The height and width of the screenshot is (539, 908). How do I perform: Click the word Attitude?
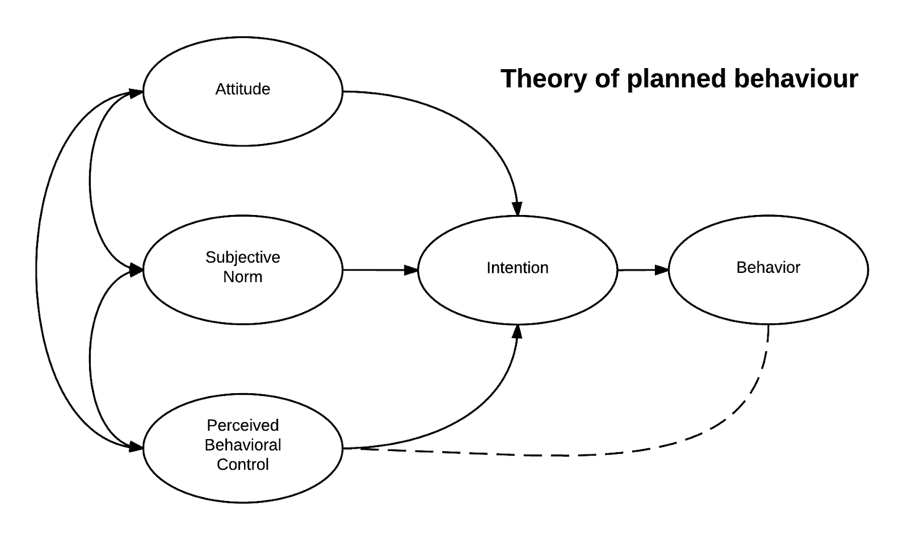click(x=242, y=89)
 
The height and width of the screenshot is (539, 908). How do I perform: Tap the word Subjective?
click(x=242, y=258)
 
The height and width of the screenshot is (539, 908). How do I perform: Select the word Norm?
click(x=242, y=277)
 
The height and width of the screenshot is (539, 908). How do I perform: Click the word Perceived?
click(x=242, y=426)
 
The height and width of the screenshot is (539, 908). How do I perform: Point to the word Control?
click(x=242, y=465)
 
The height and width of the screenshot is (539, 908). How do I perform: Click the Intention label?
click(x=517, y=268)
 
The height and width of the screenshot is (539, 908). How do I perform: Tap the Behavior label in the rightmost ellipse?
click(x=768, y=268)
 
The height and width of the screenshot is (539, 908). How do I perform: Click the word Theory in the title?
click(x=544, y=79)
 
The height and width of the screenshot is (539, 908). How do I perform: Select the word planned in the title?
click(x=676, y=79)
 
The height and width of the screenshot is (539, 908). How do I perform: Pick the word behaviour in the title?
click(x=796, y=78)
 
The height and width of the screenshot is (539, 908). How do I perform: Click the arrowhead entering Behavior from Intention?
click(x=662, y=270)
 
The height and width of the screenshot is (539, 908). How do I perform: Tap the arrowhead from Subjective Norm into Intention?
click(x=411, y=270)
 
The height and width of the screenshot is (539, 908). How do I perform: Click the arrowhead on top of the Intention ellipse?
click(x=517, y=209)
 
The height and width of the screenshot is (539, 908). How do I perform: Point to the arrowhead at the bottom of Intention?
click(x=517, y=331)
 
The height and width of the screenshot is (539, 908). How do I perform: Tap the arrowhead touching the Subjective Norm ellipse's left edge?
click(x=136, y=270)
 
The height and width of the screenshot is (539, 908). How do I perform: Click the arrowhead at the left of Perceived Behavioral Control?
click(x=136, y=447)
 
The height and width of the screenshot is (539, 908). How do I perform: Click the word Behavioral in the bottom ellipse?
click(x=242, y=445)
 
